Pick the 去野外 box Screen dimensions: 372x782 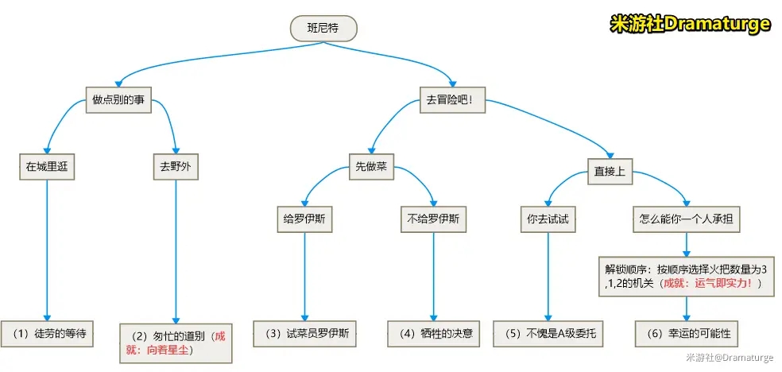tap(176, 167)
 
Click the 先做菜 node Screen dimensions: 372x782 tap(371, 168)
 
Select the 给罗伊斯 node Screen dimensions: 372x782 tap(301, 219)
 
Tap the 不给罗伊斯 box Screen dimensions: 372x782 tap(433, 219)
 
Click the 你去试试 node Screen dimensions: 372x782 tap(548, 219)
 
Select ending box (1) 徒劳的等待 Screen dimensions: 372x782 tap(47, 334)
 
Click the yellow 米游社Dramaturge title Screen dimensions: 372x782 tap(690, 24)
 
